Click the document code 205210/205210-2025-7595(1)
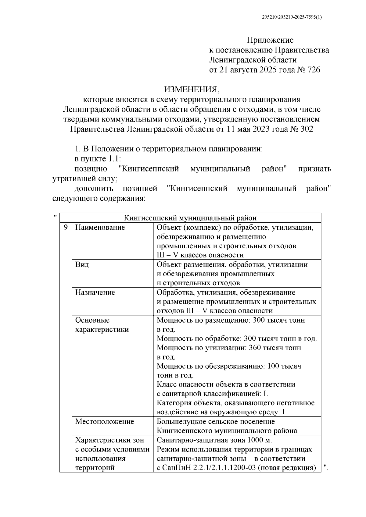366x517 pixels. tap(292, 17)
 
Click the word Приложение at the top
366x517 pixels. tap(270, 40)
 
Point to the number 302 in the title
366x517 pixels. tap(307, 129)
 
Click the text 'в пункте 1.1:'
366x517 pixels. tap(98, 159)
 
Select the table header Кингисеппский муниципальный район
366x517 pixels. tap(190, 218)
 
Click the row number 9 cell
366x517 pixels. tap(66, 227)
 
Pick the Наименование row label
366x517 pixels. tap(100, 227)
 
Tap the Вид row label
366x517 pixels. tap(82, 264)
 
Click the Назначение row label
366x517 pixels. tap(95, 292)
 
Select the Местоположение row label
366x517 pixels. tap(105, 422)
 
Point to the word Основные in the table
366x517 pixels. tap(92, 320)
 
